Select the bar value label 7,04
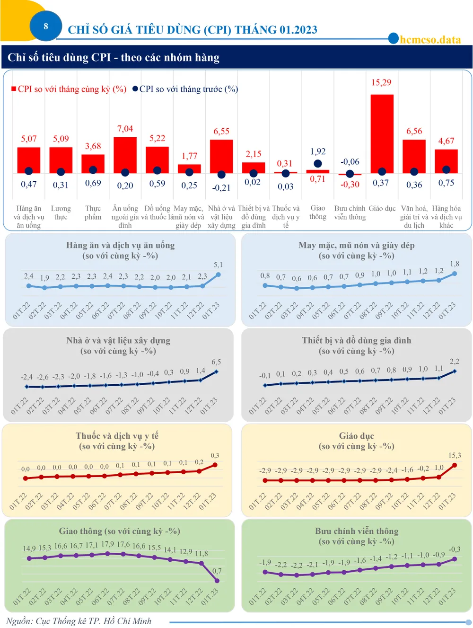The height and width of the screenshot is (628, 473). coord(125,129)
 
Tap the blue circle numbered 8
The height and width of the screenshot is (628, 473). coord(46,27)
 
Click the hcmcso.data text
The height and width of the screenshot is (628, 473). coord(430,40)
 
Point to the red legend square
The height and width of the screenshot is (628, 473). coord(14,88)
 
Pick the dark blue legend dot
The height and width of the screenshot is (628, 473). coord(135,88)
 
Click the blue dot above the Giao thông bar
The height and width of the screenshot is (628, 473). coord(318,163)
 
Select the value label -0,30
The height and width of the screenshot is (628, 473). coord(350,184)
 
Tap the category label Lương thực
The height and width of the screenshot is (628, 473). coord(61,212)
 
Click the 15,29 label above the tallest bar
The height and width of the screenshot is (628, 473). coord(381,82)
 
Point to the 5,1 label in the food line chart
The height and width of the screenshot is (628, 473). coord(218,265)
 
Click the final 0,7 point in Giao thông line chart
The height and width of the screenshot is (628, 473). coord(217,581)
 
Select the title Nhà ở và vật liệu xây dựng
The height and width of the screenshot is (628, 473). coord(118,340)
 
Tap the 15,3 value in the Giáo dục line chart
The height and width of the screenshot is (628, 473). coord(454,455)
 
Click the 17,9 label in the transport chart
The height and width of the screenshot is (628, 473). coord(107,544)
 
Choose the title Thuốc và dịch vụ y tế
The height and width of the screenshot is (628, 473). coord(117,436)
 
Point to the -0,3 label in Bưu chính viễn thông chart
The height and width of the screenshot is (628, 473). coord(454,549)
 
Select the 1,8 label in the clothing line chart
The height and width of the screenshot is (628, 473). coord(455,264)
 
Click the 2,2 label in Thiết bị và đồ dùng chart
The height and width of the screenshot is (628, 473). coord(454,362)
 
